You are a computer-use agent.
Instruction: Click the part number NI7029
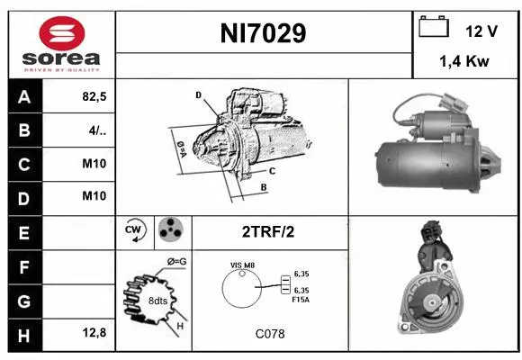pos(264,34)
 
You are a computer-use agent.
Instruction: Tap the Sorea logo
pos(59,45)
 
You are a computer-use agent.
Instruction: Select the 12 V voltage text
pos(481,31)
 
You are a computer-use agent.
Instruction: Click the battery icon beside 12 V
pos(434,28)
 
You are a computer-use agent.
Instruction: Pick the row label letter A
pos(23,98)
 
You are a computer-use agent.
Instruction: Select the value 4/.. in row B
pos(98,131)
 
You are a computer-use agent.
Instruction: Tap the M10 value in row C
pos(94,165)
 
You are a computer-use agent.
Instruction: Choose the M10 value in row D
pos(94,197)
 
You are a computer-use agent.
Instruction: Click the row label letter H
pos(23,333)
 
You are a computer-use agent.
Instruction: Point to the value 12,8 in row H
pos(94,333)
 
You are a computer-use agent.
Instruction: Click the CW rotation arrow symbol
pos(135,230)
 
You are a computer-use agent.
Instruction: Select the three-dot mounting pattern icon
pos(170,230)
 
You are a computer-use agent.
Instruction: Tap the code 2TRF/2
pos(268,231)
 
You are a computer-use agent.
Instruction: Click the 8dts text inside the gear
pos(157,300)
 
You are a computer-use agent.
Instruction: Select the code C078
pos(268,334)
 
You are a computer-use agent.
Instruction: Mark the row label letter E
pos(23,231)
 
